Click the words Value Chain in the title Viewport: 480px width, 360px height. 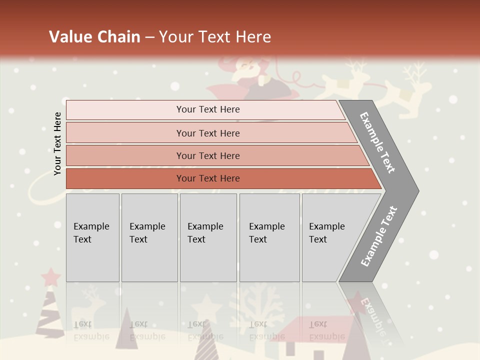94,37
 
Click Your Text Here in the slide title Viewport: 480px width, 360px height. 215,37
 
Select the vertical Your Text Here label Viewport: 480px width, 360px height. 57,143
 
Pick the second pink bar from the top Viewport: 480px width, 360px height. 207,133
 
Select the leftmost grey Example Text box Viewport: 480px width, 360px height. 92,237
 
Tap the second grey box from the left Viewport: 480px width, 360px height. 149,237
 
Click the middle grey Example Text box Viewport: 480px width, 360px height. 208,237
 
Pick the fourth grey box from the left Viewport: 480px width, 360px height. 269,237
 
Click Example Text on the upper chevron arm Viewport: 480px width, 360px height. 377,142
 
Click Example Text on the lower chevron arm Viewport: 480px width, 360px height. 379,236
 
